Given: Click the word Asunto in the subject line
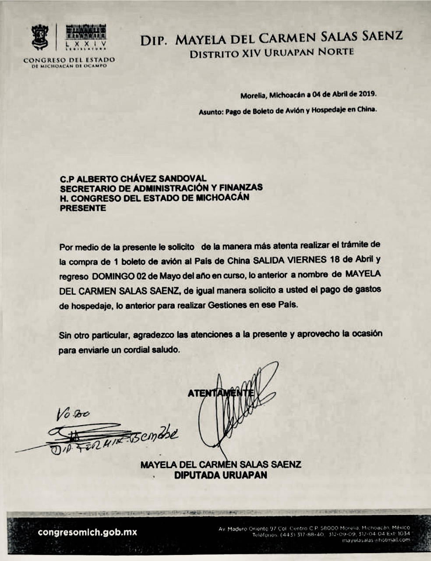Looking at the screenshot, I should (x=211, y=112).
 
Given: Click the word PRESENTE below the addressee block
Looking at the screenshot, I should (x=83, y=208).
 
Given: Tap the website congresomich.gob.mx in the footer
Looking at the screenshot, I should (x=88, y=533).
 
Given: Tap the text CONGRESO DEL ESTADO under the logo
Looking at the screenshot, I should (x=69, y=60).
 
